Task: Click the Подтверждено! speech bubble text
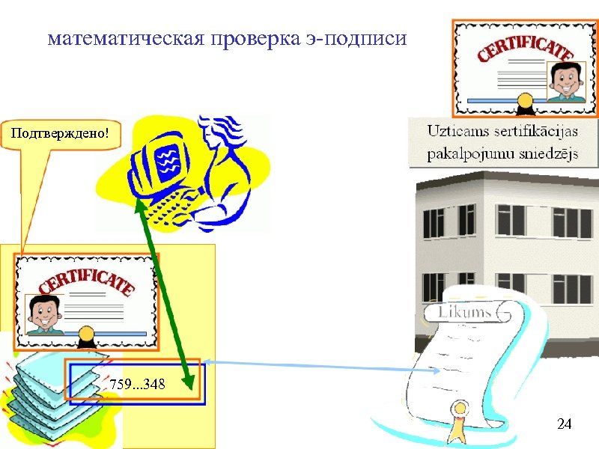coord(60,134)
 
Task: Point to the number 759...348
coord(137,384)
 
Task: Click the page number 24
coord(565,424)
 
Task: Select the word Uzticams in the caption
coord(456,132)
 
